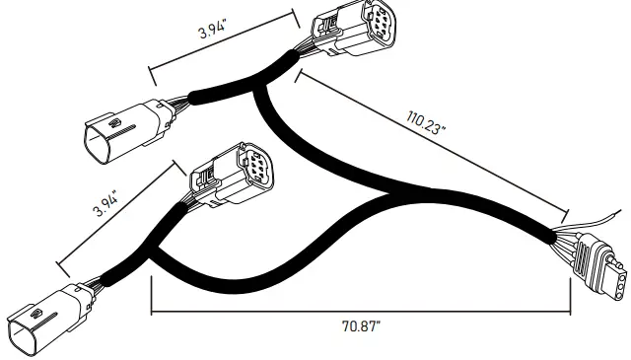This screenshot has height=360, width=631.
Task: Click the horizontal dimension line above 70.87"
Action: click(x=361, y=313)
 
